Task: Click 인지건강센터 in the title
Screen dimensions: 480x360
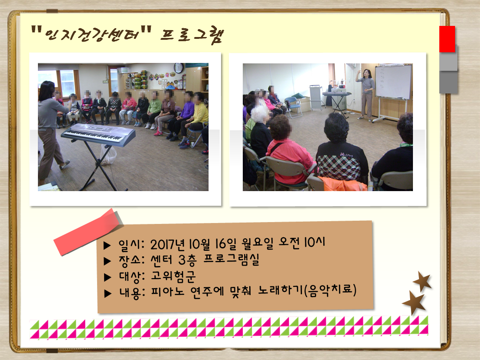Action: (x=92, y=34)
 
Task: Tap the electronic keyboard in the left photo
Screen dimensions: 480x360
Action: (x=98, y=135)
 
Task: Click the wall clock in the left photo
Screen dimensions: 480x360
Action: (x=178, y=68)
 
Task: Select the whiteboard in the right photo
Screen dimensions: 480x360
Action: (x=394, y=82)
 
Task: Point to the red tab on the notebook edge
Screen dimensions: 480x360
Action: (x=447, y=39)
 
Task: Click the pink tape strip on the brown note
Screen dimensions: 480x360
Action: (x=88, y=231)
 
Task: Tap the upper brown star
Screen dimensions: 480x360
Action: (x=423, y=281)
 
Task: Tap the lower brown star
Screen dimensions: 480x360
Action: (x=414, y=303)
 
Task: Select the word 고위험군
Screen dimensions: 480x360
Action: (x=173, y=276)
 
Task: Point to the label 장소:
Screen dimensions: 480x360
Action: (x=132, y=260)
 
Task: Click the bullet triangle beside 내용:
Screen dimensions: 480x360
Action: (x=107, y=293)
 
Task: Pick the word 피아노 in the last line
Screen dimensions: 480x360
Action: (x=168, y=291)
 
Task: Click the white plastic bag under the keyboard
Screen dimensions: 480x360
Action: (x=109, y=155)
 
